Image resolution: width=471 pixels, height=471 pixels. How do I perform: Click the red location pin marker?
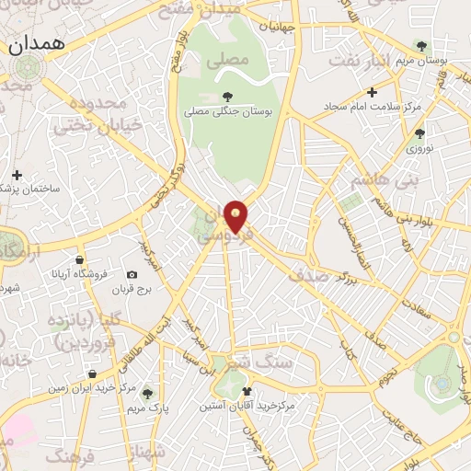(x=236, y=216)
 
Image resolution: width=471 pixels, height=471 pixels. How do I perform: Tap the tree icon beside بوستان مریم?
(x=421, y=45)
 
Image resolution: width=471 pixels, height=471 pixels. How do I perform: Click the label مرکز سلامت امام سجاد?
(x=372, y=106)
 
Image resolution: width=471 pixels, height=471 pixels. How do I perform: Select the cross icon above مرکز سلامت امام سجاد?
(x=372, y=92)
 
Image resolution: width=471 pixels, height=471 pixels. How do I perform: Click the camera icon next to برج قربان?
(x=132, y=275)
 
